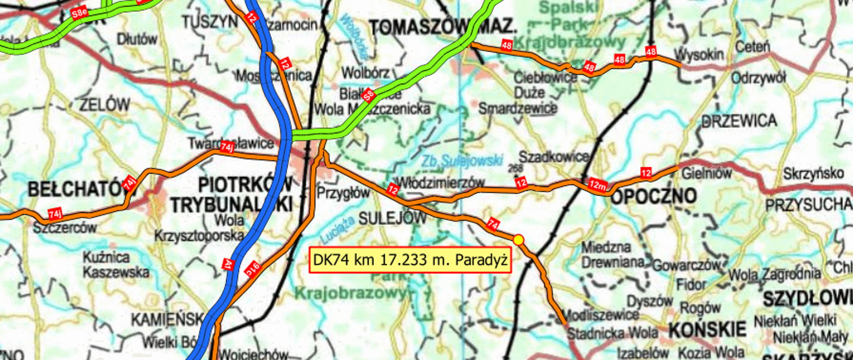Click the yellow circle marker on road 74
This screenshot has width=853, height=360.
click(518, 240)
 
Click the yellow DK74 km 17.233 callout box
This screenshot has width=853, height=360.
click(410, 260)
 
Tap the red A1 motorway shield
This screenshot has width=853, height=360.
click(228, 265)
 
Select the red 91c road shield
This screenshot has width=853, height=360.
click(253, 268)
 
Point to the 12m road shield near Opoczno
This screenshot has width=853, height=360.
click(598, 184)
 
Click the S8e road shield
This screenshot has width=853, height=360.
click(79, 13)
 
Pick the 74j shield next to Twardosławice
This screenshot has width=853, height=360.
click(227, 147)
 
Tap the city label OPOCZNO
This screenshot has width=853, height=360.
click(653, 196)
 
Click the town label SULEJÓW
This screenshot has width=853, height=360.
click(392, 218)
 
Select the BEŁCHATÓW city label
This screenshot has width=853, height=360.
click(76, 189)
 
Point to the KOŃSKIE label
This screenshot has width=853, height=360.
click(707, 330)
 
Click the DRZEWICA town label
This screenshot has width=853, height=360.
click(739, 121)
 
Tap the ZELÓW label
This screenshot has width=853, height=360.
click(105, 105)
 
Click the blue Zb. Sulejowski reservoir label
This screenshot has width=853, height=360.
click(462, 161)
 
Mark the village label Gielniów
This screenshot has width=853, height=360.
click(706, 173)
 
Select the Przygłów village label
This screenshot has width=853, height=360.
click(343, 193)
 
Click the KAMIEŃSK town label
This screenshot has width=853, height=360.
click(167, 319)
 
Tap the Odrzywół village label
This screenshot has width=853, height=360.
click(758, 78)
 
